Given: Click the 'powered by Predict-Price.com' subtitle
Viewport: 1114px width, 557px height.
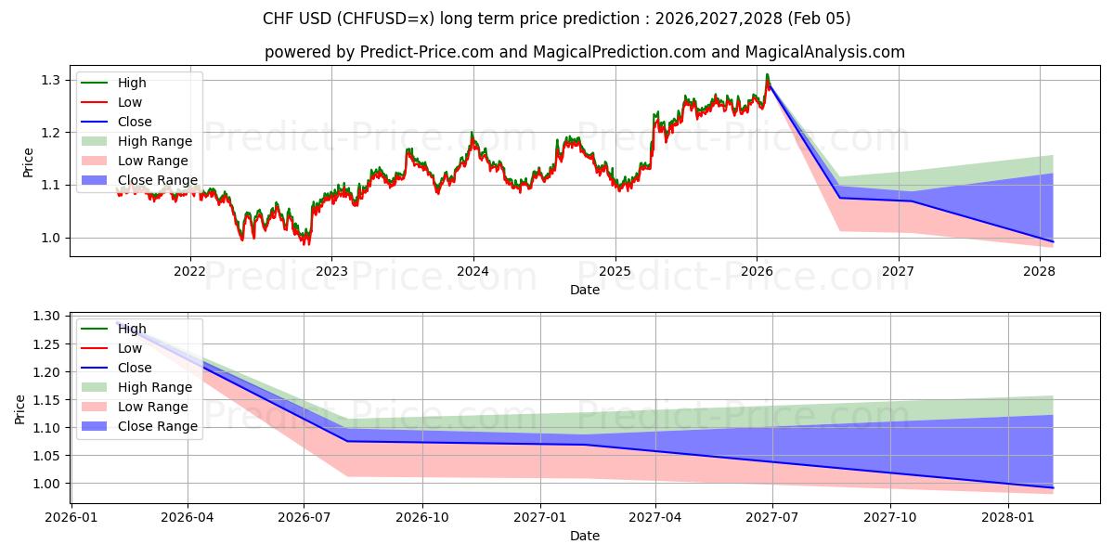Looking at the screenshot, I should coord(585,52).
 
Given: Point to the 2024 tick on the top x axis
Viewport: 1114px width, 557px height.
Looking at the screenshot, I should coord(473,271).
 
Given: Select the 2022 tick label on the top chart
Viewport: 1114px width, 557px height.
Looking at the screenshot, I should coord(190,271).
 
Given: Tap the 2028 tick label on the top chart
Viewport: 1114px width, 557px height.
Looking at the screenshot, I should coord(1039,271).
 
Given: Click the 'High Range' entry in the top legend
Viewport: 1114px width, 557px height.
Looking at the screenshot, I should coord(155,141).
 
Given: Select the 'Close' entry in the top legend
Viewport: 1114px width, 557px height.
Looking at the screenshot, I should coord(135,122).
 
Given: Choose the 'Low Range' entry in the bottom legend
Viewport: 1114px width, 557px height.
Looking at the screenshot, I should coord(153,407).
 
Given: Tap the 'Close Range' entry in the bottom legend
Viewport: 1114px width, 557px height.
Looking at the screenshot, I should coord(157,426).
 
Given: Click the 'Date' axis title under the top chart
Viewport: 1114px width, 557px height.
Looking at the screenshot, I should coord(585,290).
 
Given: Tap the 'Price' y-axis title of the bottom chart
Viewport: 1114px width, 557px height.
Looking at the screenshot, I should coord(20,408).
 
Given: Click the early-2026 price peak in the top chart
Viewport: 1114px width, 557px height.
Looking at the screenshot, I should coord(767,75).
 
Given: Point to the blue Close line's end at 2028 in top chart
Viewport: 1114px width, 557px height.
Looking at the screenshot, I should coord(1053,241).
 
